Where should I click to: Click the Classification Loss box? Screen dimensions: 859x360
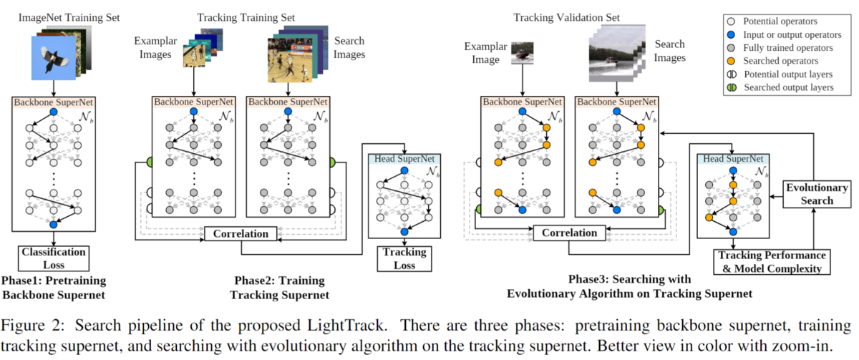(54, 258)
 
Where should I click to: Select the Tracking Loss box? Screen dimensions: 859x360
(404, 259)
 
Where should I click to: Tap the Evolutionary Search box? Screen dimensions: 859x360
(817, 194)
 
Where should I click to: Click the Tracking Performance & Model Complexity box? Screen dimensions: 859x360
(772, 262)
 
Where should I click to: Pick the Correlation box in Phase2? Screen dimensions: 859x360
(241, 233)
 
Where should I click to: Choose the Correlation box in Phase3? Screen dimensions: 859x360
(569, 233)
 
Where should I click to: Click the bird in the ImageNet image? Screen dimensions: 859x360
(54, 59)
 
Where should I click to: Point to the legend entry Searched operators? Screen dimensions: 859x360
(780, 61)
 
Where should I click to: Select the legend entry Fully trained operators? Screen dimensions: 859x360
(787, 48)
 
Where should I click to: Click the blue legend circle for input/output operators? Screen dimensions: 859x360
(732, 35)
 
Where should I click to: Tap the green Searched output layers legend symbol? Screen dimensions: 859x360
(732, 87)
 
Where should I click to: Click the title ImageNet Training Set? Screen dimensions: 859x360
(69, 18)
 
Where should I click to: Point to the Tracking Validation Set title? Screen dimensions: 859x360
(566, 18)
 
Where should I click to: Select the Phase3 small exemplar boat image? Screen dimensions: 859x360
(523, 53)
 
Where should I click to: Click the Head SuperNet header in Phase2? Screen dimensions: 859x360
(404, 159)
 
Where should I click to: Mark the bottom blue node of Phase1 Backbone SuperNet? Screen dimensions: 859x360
(54, 224)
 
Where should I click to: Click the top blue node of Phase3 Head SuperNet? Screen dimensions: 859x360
(733, 170)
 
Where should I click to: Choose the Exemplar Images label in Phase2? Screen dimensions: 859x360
(155, 47)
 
